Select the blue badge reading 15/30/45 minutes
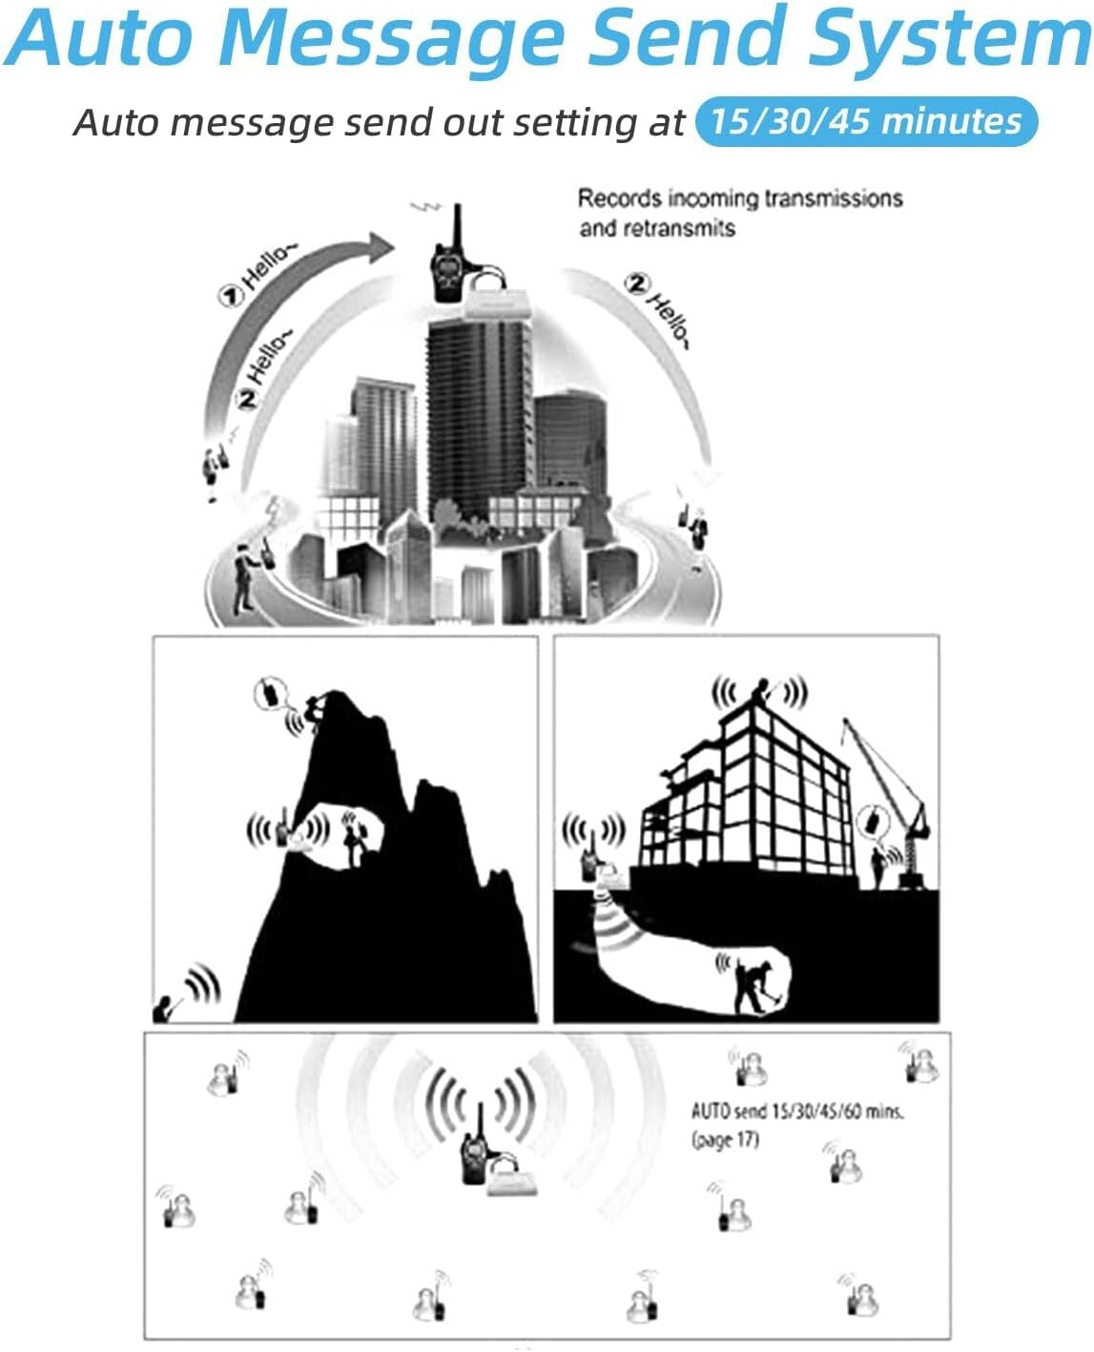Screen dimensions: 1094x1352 (866, 121)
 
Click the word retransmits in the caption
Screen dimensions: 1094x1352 (657, 228)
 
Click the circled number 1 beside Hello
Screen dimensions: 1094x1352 (229, 296)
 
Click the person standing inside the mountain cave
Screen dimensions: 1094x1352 (352, 839)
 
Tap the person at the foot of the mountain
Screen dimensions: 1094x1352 (165, 1009)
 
